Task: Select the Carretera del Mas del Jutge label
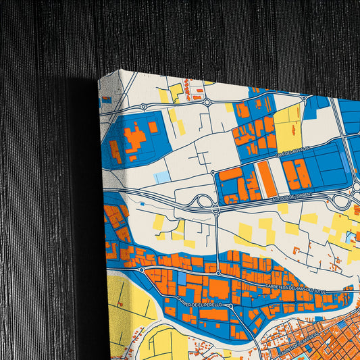click(296, 290)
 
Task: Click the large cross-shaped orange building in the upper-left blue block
click(136, 138)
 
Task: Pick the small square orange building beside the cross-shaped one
click(153, 126)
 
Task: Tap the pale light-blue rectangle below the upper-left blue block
click(162, 177)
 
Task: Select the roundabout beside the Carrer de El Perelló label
click(230, 306)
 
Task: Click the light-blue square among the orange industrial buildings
click(181, 278)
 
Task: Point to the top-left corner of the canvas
click(99, 77)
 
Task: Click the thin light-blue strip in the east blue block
click(347, 161)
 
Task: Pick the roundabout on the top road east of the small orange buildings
click(209, 103)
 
